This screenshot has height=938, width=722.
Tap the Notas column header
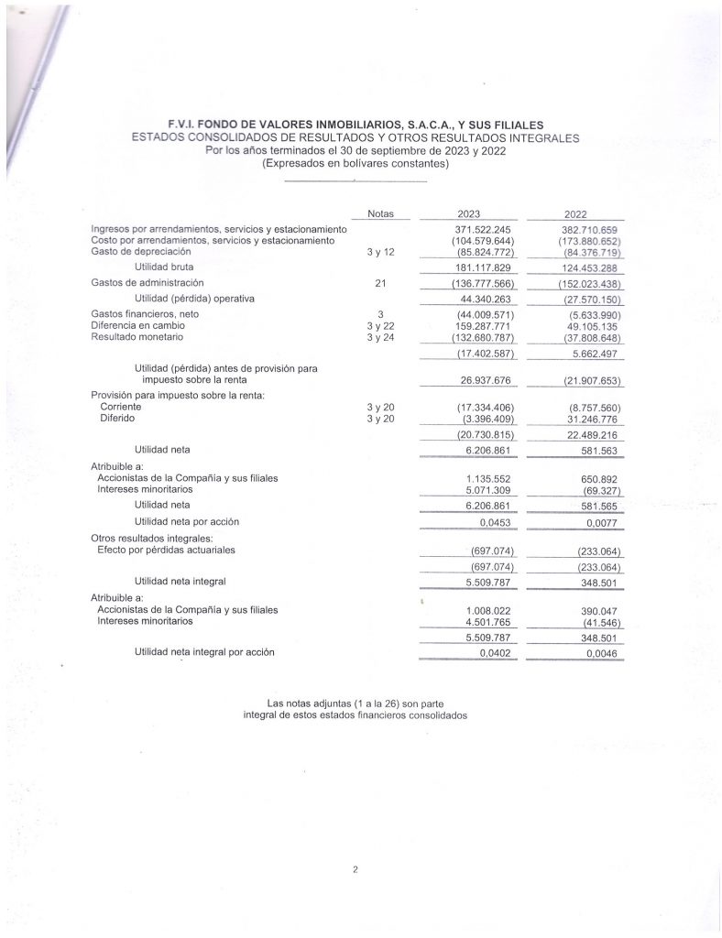point(379,213)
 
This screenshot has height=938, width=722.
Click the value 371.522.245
point(483,228)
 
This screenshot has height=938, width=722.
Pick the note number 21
point(379,283)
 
